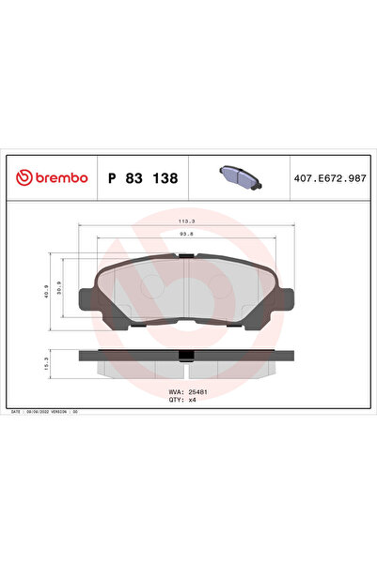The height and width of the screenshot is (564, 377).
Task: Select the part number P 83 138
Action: tap(143, 176)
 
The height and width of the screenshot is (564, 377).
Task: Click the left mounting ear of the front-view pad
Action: tap(86, 298)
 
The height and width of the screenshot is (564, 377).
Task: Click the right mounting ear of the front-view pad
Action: tap(289, 298)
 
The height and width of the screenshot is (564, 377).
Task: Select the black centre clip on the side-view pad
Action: tap(187, 354)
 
